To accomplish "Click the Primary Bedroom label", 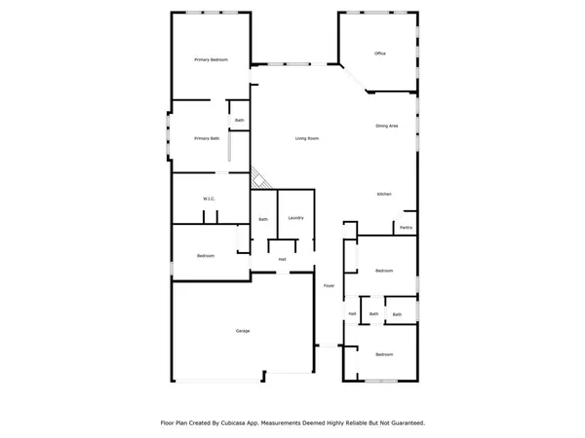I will [x=211, y=60].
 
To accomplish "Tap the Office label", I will [x=381, y=53].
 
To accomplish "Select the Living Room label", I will [x=308, y=138].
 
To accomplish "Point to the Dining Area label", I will [x=388, y=127].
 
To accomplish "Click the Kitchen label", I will [x=384, y=195].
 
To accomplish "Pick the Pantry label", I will [x=407, y=229].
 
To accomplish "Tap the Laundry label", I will [x=295, y=218].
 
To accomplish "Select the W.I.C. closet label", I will [x=209, y=200].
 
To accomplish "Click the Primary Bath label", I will [x=206, y=138].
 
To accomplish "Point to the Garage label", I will [x=242, y=332].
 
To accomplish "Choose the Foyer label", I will [x=330, y=286].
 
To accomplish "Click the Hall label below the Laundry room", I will [x=283, y=259].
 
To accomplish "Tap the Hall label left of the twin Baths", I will [x=352, y=313].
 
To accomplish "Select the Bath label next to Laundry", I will [x=263, y=219].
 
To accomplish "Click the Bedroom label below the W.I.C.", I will [x=206, y=256].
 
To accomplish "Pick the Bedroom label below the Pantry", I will [x=384, y=271].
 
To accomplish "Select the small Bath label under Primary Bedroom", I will [x=239, y=121].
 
